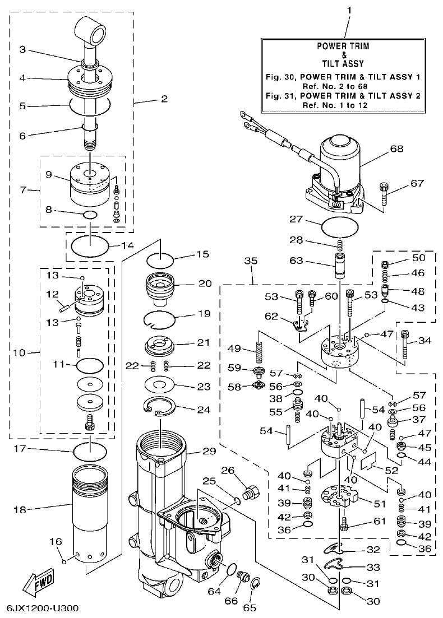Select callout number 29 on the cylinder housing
[193, 451]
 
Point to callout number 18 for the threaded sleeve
[19, 509]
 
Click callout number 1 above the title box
[348, 10]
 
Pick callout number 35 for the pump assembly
[251, 262]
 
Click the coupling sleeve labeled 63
[340, 265]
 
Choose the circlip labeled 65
[255, 584]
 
